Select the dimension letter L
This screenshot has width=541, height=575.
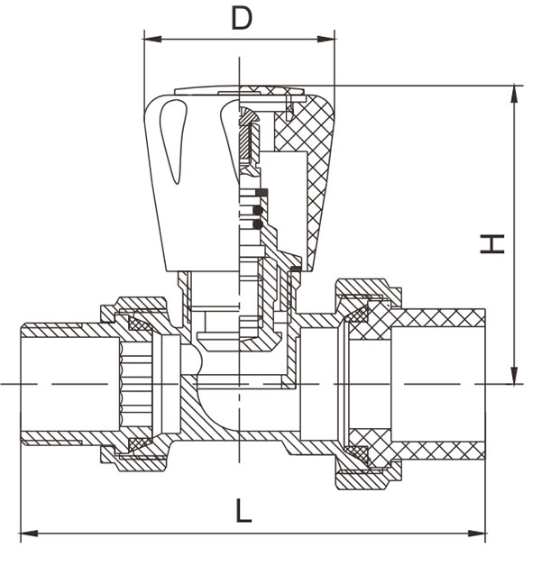243,510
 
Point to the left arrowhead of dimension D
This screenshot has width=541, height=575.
150,39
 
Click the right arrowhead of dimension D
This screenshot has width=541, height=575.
329,39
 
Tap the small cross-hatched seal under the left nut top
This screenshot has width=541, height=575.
140,322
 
